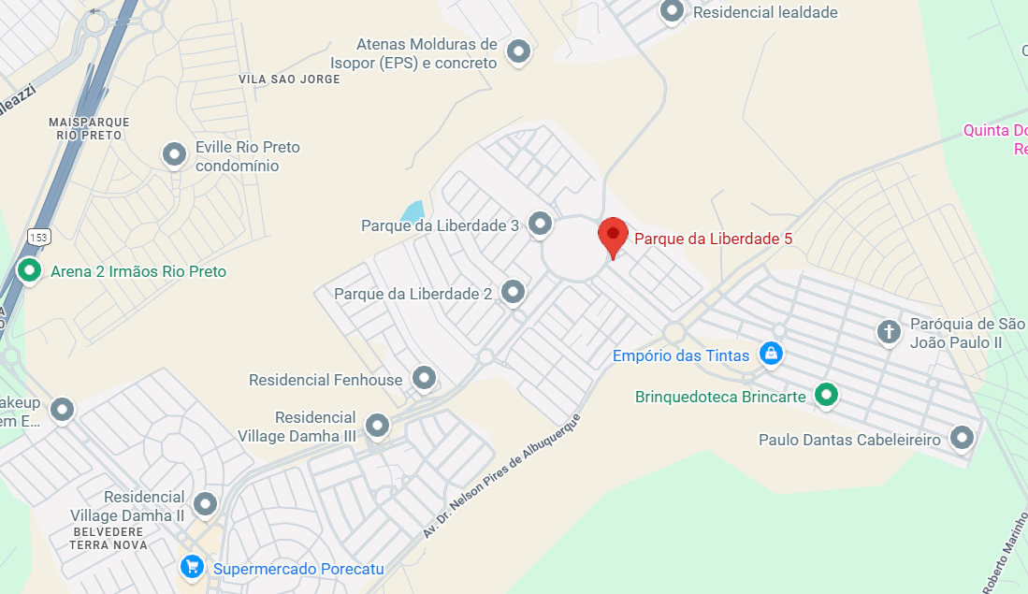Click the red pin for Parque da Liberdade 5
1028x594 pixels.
pos(613,235)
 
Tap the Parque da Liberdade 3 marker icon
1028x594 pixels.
pos(540,224)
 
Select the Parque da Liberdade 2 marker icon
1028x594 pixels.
pos(513,292)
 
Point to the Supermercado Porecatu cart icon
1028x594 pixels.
pos(192,567)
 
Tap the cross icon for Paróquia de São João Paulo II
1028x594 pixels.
pos(889,330)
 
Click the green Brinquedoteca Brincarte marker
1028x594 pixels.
pos(825,395)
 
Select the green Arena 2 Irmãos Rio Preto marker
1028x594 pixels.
pos(30,271)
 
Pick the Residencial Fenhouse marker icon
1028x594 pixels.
pos(425,378)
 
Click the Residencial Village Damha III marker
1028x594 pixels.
pos(377,425)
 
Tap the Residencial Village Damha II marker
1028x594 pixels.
pos(205,505)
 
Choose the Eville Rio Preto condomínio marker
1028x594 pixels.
pos(174,154)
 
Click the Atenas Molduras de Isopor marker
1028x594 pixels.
pos(518,51)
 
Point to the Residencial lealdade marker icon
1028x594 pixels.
pos(672,11)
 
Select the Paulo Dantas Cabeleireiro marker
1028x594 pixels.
pos(962,437)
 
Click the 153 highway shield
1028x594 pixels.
pos(38,237)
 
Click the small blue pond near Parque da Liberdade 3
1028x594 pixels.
pos(412,211)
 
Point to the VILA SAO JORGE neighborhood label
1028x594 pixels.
pos(289,80)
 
